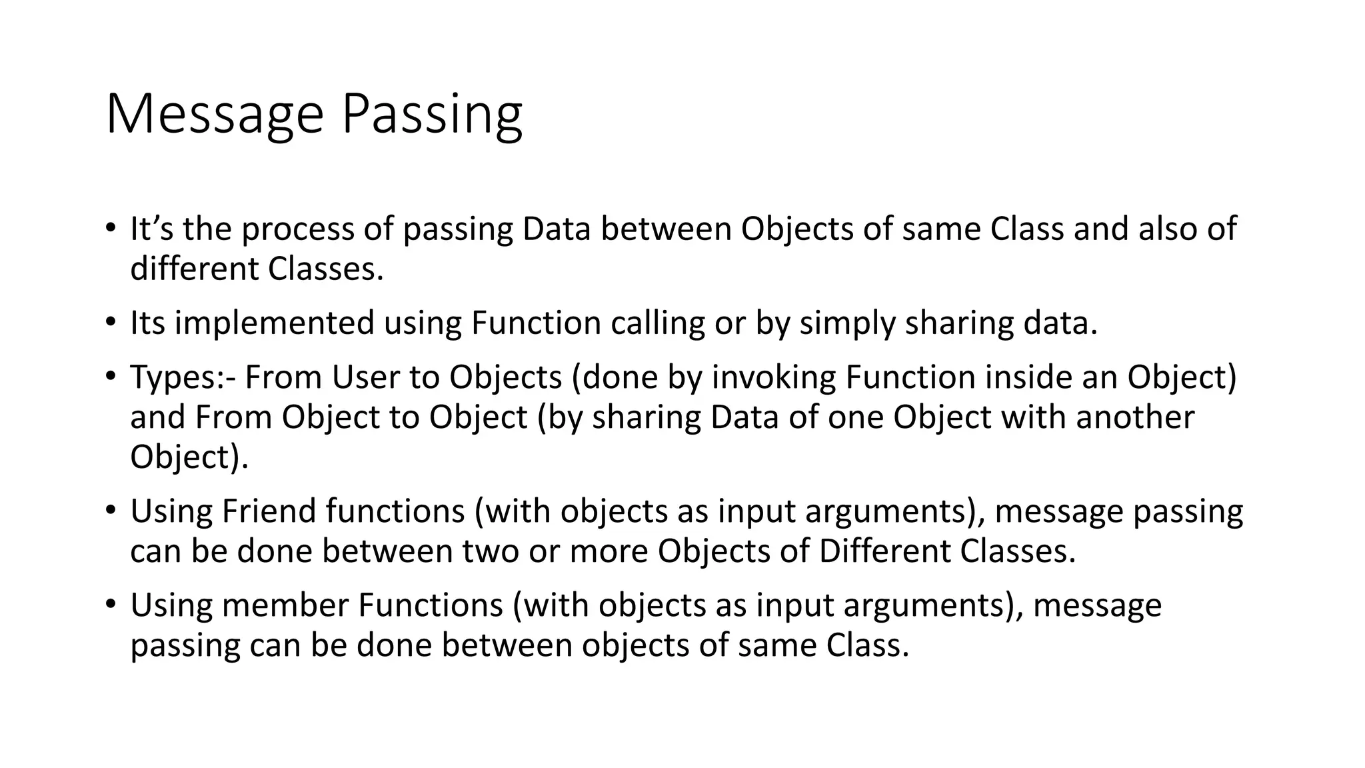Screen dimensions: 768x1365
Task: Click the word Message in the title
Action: coord(214,115)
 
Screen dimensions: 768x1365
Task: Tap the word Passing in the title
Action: coord(432,115)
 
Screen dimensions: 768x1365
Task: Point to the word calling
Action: coord(658,323)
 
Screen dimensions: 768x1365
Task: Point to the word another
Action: coord(1134,417)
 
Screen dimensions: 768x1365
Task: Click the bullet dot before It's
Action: coord(111,227)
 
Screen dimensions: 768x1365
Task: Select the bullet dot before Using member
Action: coord(111,603)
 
